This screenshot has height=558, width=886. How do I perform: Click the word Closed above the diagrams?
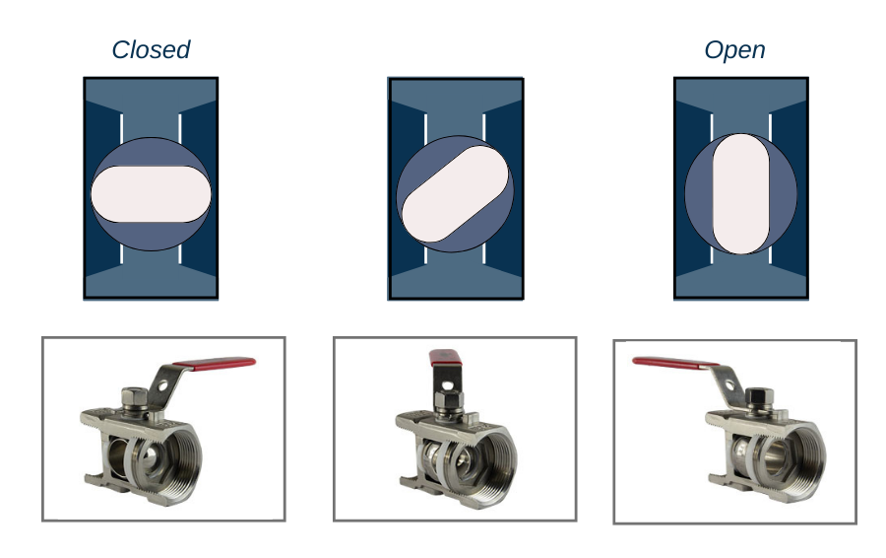(151, 50)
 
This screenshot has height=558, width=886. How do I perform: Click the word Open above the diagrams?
(734, 50)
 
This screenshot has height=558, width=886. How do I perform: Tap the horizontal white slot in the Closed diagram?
(151, 193)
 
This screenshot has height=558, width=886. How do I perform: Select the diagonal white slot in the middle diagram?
(455, 193)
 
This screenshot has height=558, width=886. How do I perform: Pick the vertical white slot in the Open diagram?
(740, 193)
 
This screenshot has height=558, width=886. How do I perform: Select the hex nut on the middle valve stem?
(449, 399)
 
